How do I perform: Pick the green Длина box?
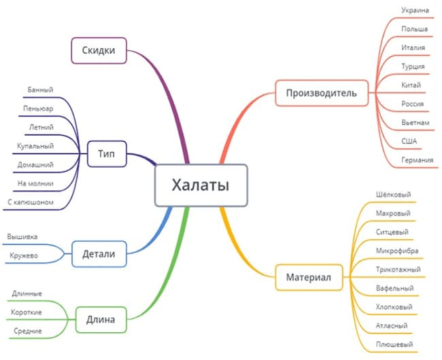pos(101,318)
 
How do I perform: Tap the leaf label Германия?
pos(418,160)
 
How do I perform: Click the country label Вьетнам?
pos(416,122)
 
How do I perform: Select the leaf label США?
pos(409,141)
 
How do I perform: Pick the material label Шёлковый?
pos(393,195)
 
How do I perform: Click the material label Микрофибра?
pos(396,251)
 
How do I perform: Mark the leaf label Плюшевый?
pos(394,344)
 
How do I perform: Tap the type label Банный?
pos(41,90)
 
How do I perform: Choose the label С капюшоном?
pos(31,202)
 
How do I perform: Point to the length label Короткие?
pos(27,312)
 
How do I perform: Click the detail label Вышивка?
pos(23,236)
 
